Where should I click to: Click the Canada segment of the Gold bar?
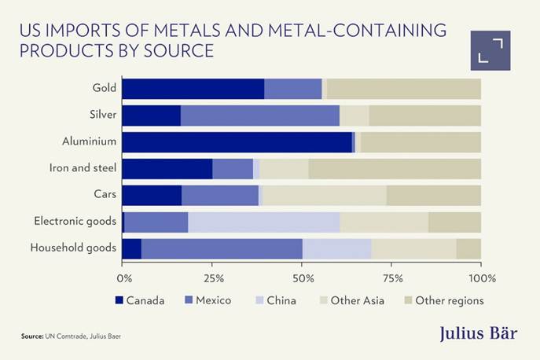click(x=193, y=89)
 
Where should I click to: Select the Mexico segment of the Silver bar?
click(x=259, y=116)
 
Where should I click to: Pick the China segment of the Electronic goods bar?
click(x=263, y=222)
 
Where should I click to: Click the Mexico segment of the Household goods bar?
click(x=222, y=249)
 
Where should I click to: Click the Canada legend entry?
click(x=140, y=300)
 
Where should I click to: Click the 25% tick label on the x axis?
click(x=213, y=278)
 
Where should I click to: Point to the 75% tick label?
click(x=392, y=278)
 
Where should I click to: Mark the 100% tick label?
click(x=481, y=278)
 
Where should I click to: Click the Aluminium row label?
click(x=90, y=142)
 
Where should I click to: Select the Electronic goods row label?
click(x=75, y=222)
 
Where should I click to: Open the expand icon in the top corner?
click(x=490, y=50)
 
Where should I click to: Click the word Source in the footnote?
click(x=32, y=336)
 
